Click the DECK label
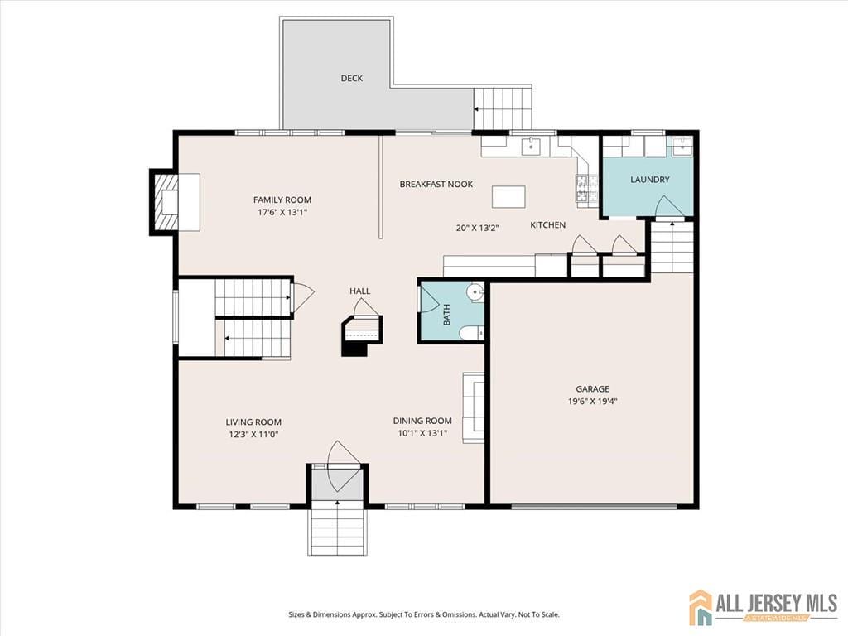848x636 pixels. tap(352, 79)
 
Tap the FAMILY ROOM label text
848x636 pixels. tap(282, 200)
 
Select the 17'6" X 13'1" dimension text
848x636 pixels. tap(282, 212)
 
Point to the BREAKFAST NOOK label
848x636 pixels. tap(436, 184)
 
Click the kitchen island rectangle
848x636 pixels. tap(508, 196)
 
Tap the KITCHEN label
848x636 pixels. tap(548, 225)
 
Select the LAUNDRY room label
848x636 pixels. tap(649, 180)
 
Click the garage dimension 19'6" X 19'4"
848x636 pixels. tap(592, 402)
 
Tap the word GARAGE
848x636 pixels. tap(592, 388)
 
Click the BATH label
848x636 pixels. tap(446, 314)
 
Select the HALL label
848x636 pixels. tap(359, 291)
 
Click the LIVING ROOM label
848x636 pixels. tap(253, 422)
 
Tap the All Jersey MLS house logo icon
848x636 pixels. tap(701, 607)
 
